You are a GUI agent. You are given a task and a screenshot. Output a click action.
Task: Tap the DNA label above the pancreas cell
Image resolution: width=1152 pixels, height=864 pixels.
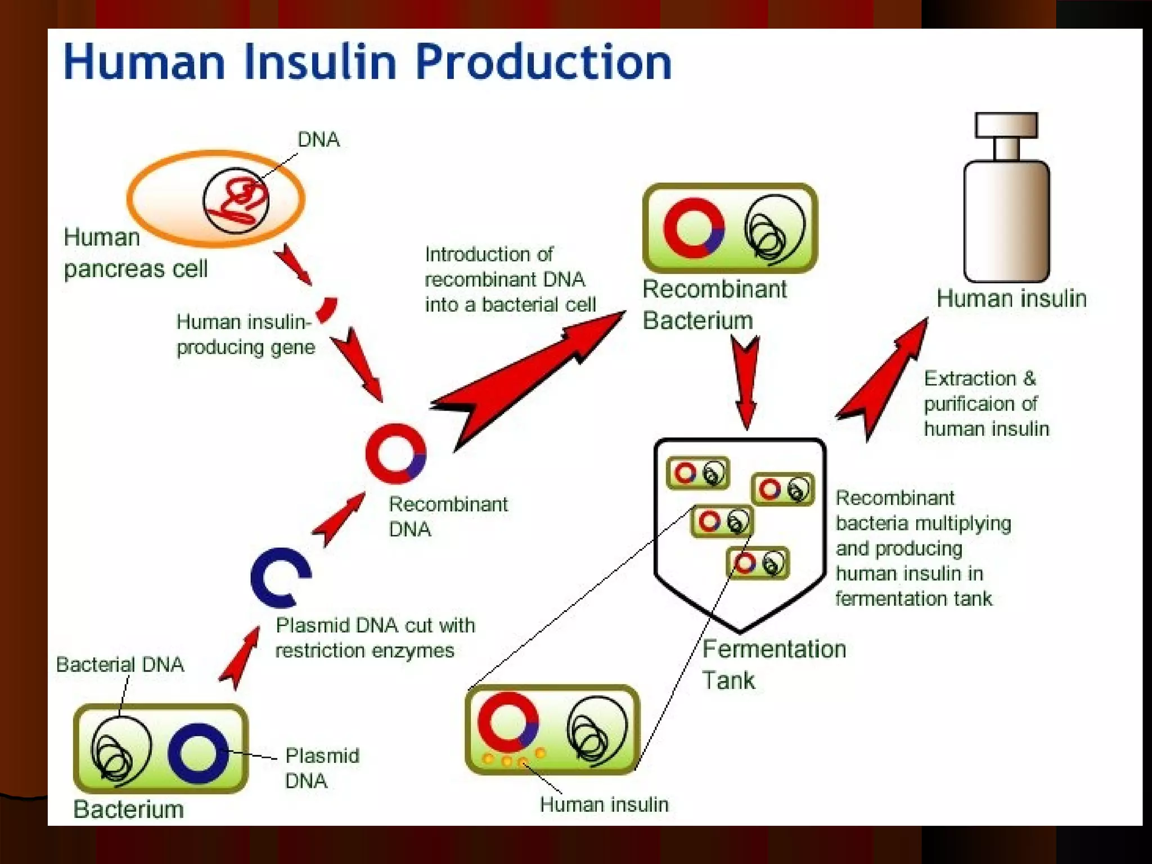pyautogui.click(x=318, y=139)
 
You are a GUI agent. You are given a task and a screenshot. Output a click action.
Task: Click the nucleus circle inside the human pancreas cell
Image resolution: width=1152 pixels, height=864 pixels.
pyautogui.click(x=236, y=200)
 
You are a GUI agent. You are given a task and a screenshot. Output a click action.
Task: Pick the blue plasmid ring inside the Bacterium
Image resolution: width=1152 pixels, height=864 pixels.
pyautogui.click(x=198, y=754)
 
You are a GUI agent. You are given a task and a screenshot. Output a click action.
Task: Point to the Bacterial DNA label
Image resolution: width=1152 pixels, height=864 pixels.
pyautogui.click(x=120, y=665)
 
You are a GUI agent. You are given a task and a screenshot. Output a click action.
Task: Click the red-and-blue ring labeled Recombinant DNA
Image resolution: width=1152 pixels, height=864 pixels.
pyautogui.click(x=395, y=453)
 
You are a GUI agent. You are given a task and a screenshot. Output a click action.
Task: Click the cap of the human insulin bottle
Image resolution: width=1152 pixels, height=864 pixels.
pyautogui.click(x=1006, y=125)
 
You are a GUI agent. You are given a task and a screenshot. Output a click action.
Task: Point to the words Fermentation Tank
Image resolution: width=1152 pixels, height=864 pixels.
pyautogui.click(x=773, y=664)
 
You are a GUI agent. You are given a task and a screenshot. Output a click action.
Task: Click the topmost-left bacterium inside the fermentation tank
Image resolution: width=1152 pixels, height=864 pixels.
pyautogui.click(x=698, y=473)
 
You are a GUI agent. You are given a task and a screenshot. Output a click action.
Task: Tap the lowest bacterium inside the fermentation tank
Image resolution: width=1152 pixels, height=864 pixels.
pyautogui.click(x=758, y=563)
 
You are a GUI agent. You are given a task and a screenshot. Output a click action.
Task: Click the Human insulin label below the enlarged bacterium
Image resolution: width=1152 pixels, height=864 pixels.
pyautogui.click(x=604, y=804)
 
